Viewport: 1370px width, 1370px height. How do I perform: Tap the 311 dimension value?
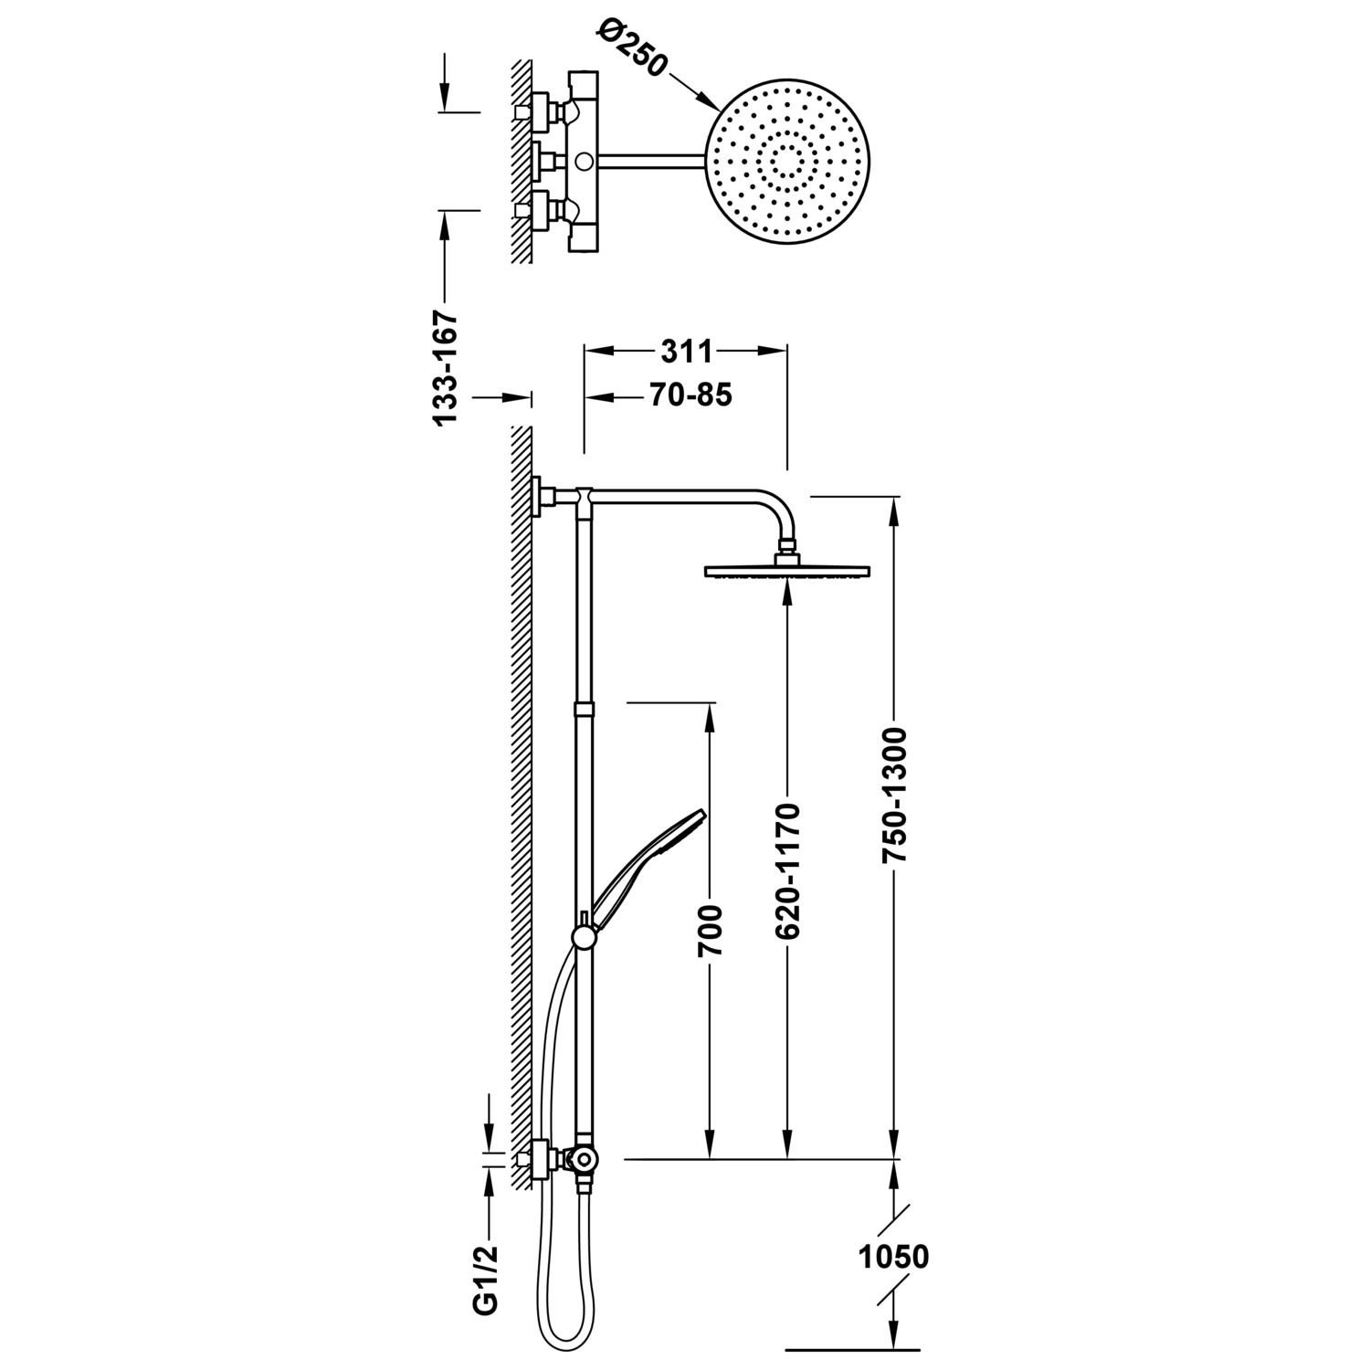click(685, 351)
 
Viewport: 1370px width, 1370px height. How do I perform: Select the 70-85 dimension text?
click(691, 395)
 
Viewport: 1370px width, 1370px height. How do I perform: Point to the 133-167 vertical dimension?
click(445, 367)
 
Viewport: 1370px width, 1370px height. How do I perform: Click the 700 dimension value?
click(710, 931)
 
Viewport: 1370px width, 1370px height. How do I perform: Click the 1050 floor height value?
click(894, 1257)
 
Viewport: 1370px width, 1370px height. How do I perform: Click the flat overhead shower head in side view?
click(787, 572)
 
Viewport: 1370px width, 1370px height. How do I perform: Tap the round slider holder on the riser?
click(581, 936)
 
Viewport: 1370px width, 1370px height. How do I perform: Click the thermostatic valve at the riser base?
click(579, 1160)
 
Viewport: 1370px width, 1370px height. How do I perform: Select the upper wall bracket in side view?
click(543, 496)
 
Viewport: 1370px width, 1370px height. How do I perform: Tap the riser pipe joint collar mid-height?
click(583, 709)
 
